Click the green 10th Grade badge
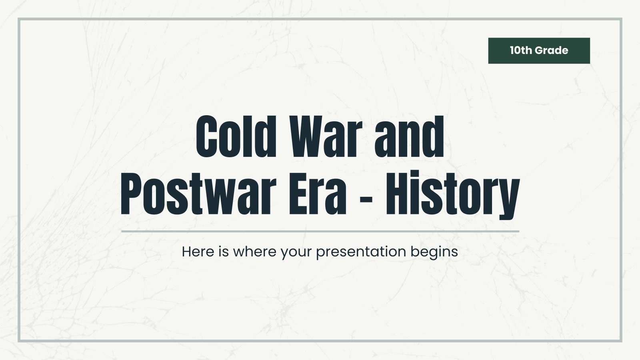tap(539, 50)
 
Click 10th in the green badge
tap(521, 50)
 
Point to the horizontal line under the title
tap(320, 231)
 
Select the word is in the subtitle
tap(223, 252)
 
